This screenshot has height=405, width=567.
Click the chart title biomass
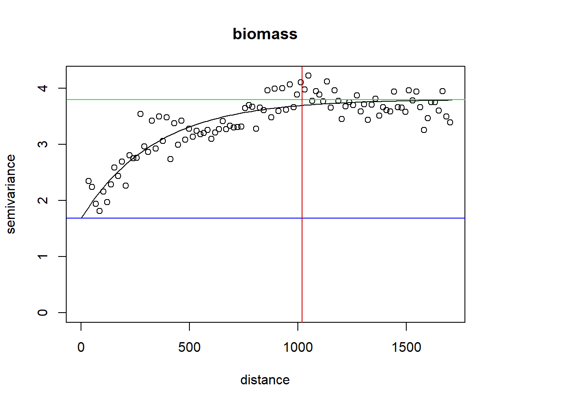265,34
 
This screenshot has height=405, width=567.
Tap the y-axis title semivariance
11,194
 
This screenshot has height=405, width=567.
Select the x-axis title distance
265,380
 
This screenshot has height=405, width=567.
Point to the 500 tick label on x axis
189,347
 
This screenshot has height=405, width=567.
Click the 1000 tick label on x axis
298,347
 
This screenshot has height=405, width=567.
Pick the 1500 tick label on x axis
406,347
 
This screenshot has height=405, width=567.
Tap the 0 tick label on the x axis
81,347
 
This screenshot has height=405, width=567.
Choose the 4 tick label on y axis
43,88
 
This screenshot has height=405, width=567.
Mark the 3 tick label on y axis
43,144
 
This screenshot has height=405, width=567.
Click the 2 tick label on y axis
43,200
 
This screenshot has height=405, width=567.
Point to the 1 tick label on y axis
43,256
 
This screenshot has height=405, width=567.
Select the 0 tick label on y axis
43,313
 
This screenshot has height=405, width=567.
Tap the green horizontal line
169,100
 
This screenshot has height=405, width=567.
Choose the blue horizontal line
169,218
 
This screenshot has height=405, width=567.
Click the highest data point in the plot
308,76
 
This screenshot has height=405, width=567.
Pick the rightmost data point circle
450,122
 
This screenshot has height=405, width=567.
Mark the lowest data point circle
100,211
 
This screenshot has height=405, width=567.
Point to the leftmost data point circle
89,181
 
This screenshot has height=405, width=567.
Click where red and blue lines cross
302,218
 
